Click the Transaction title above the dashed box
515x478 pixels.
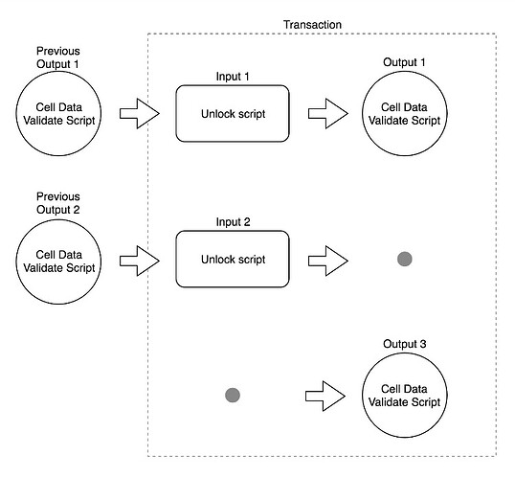pos(312,25)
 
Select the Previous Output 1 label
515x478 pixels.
pos(58,57)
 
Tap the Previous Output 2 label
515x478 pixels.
pos(58,203)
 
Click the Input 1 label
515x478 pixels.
pos(233,77)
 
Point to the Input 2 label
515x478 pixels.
pos(233,222)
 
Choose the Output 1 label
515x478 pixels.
pos(404,62)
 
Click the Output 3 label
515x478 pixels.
pos(404,344)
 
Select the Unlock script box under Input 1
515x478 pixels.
pos(233,114)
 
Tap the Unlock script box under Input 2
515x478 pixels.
pos(233,259)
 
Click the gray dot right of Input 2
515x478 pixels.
pos(405,259)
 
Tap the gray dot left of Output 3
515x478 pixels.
pos(233,396)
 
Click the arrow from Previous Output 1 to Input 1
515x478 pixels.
pos(140,113)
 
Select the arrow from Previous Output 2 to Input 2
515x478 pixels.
pos(140,261)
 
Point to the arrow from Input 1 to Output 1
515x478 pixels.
pos(328,113)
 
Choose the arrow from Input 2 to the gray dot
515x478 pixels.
pos(328,261)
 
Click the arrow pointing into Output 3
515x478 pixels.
pos(325,397)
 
